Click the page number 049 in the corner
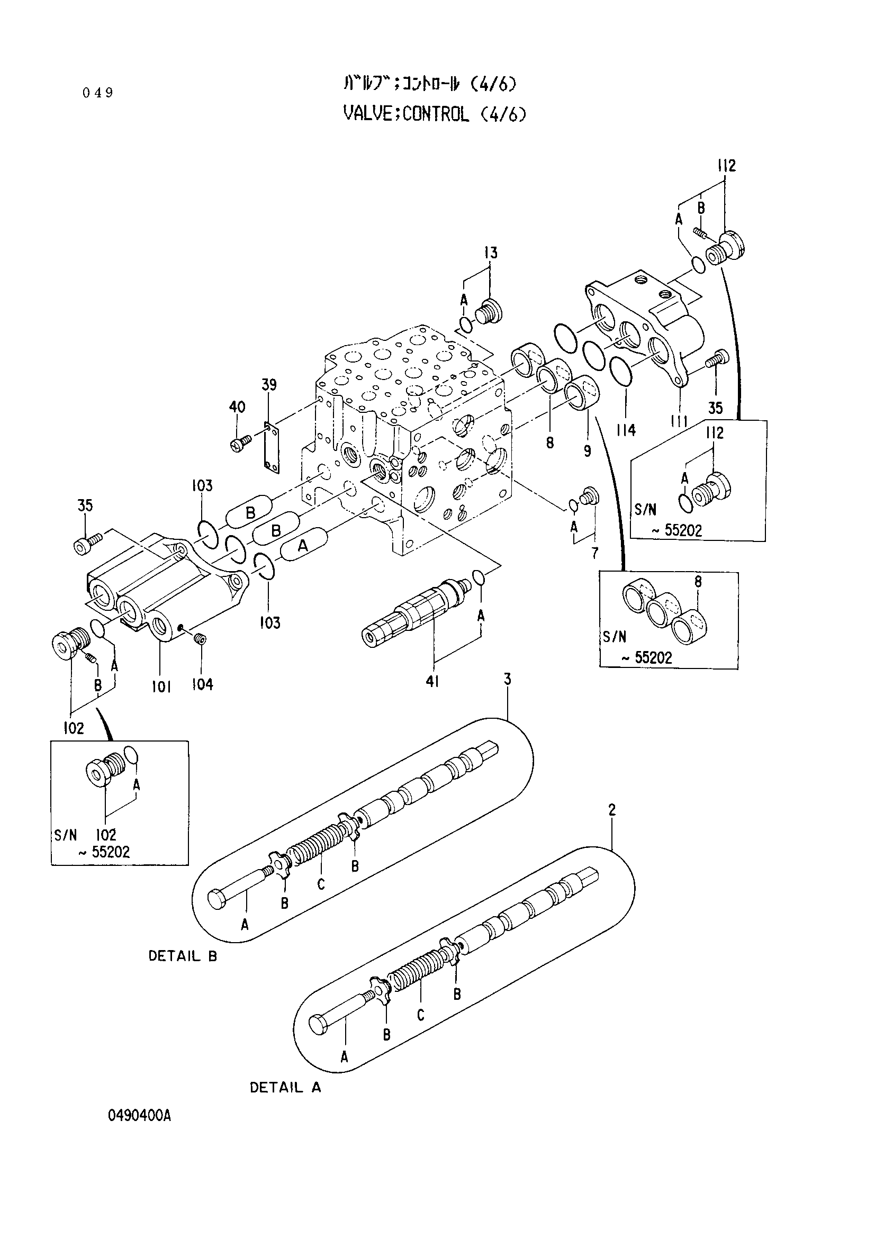[x=98, y=93]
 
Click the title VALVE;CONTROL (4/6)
[x=434, y=114]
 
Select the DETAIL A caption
[x=285, y=1088]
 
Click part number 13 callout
[x=491, y=252]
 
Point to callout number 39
[x=269, y=384]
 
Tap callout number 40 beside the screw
[x=237, y=406]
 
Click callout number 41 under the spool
[x=432, y=682]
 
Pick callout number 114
[x=626, y=430]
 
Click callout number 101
[x=161, y=686]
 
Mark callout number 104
[x=203, y=685]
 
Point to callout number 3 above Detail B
[x=507, y=679]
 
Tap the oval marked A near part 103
[x=303, y=546]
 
